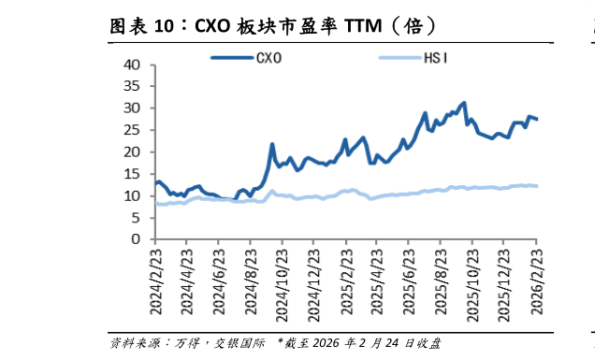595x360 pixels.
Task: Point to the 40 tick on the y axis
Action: (132, 65)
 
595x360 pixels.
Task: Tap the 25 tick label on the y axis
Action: (132, 130)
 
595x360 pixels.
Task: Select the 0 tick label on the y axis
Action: (136, 239)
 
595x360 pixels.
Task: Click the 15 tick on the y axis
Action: (132, 174)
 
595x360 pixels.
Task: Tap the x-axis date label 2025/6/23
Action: (409, 281)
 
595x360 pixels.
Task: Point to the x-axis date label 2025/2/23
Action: (345, 281)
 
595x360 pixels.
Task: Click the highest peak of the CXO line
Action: (464, 103)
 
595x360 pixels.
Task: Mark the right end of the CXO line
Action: (537, 119)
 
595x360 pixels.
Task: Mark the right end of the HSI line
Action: (537, 186)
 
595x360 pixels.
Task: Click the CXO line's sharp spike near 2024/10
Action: (272, 145)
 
